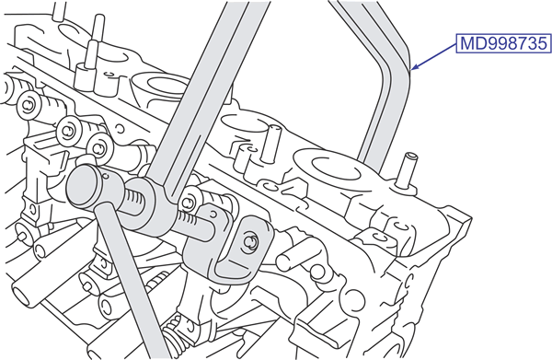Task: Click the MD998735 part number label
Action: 504,43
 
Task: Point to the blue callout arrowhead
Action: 415,66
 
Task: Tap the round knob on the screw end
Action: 85,186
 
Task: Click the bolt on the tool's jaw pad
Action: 251,242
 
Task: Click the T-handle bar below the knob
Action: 132,282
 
